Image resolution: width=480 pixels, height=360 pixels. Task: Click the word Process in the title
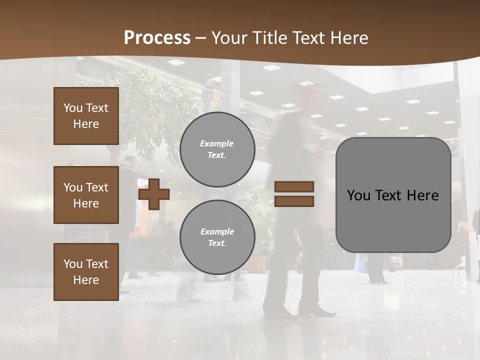[x=157, y=38]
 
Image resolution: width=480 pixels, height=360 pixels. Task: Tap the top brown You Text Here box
[x=86, y=116]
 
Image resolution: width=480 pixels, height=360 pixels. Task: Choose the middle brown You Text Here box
[x=86, y=195]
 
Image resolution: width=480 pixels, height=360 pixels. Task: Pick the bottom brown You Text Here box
[x=86, y=271]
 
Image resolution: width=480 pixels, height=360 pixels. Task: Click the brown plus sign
[x=153, y=194]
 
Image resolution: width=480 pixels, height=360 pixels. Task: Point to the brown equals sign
[x=294, y=194]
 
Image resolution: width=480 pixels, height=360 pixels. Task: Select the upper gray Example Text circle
[x=217, y=149]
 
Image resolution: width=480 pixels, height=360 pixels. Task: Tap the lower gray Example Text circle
[x=217, y=237]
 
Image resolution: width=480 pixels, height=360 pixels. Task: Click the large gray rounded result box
[x=393, y=195]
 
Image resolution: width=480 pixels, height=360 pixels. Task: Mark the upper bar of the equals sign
[x=294, y=187]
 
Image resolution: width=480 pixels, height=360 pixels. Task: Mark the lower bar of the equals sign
[x=294, y=201]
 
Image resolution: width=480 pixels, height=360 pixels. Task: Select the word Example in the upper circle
[x=217, y=144]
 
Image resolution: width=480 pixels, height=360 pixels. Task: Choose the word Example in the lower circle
[x=217, y=232]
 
